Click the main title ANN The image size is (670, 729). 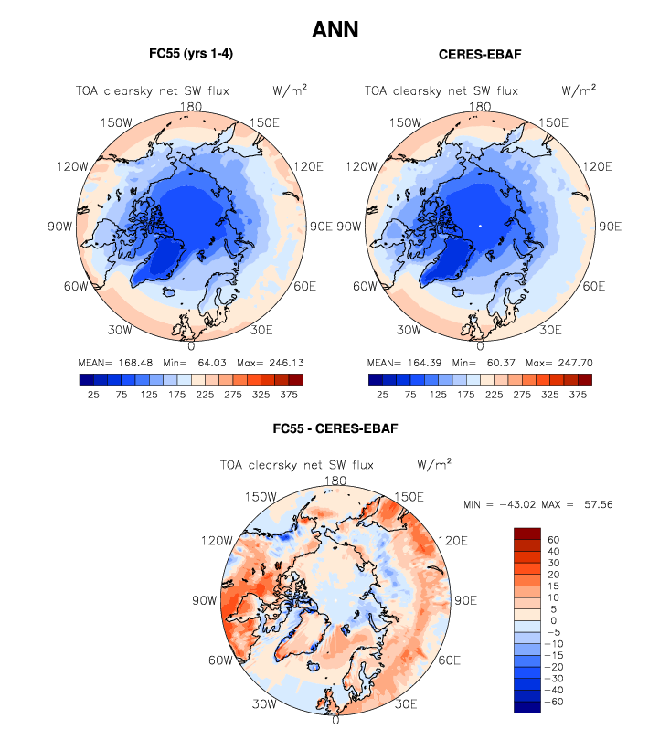[x=335, y=29]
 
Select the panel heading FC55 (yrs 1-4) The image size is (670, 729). [x=190, y=54]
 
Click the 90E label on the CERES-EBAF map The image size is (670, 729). [x=610, y=227]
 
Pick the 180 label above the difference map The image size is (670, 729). [x=335, y=481]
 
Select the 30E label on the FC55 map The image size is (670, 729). [x=261, y=331]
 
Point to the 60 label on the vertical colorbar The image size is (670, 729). [x=554, y=539]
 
